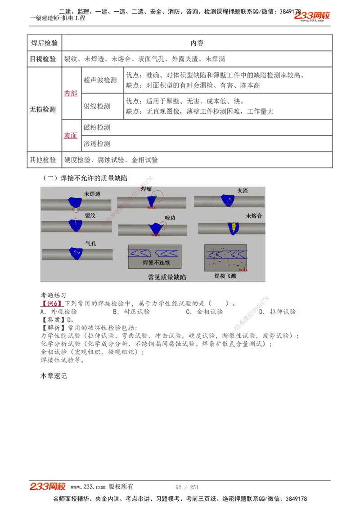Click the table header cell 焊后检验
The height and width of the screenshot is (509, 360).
tap(44, 43)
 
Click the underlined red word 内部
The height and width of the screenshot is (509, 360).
tap(71, 93)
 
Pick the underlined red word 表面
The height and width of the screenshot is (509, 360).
tap(71, 135)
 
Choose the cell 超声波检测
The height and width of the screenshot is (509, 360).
tap(100, 80)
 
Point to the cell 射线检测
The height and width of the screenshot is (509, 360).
tap(97, 106)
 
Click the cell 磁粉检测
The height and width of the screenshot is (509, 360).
tap(97, 127)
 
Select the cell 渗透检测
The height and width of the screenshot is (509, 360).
tap(97, 143)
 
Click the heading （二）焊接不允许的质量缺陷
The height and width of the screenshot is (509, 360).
tap(85, 178)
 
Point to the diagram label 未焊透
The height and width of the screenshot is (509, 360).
tap(92, 194)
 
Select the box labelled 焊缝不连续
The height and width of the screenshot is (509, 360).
tap(155, 258)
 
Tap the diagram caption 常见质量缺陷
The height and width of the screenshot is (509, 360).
tap(166, 277)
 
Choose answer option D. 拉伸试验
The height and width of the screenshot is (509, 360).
tap(277, 311)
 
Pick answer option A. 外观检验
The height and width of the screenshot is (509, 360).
tap(58, 311)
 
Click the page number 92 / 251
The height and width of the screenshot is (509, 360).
tap(187, 487)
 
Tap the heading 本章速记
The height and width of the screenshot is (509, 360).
tap(54, 375)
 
